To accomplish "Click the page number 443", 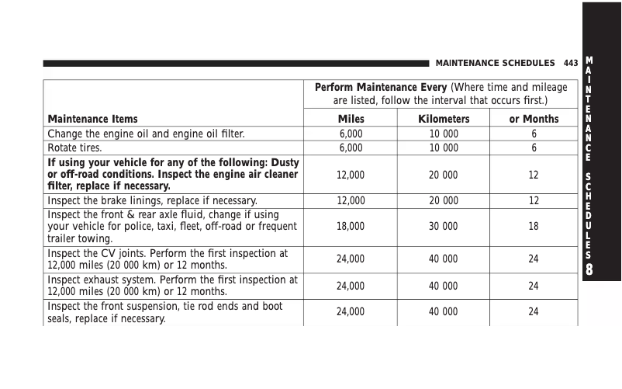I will coord(571,63).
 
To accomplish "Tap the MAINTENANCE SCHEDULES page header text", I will coord(495,63).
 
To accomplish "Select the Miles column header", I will coord(351,119).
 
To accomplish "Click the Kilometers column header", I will coord(444,119).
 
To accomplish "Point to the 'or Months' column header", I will coord(534,119).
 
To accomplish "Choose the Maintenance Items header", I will coord(93,119).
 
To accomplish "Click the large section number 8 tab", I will coord(590,269).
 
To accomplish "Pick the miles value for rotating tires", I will coord(351,148).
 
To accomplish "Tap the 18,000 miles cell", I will coord(351,227).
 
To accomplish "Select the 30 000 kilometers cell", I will coord(444,227).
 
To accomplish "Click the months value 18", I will coord(534,227).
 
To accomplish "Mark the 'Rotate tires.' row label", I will coord(74,148).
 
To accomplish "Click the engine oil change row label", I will coord(147,134).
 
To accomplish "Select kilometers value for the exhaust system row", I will coord(444,286).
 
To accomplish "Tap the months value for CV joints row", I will coord(534,259).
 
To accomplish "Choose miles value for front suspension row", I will coord(351,312).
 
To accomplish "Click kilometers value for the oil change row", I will coord(444,134).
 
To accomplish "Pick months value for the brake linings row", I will coord(534,200).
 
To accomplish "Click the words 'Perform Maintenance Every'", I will coord(381,87).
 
